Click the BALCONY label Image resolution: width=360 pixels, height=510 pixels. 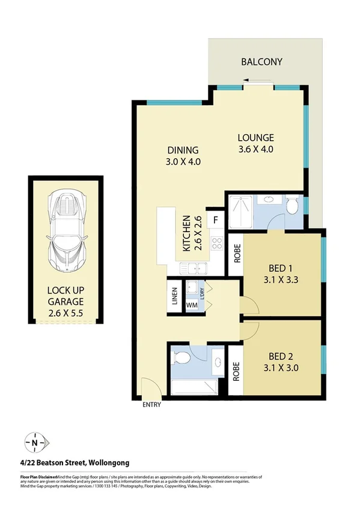(261, 62)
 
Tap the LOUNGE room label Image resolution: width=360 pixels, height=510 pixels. (255, 137)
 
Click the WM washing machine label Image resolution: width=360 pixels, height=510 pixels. (192, 305)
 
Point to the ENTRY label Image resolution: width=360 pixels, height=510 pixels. (152, 405)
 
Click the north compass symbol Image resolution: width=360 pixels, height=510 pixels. (36, 443)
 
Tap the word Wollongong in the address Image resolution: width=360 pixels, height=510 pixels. (109, 462)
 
